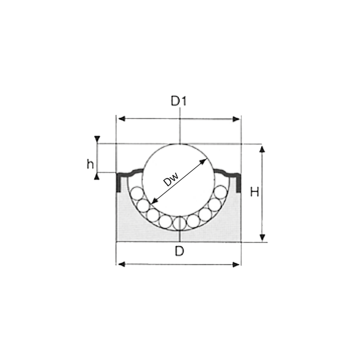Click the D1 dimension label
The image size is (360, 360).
[179, 101]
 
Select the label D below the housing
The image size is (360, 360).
[179, 251]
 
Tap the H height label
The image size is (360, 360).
[254, 193]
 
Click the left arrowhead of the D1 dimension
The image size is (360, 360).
[119, 119]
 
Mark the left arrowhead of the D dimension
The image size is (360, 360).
[119, 264]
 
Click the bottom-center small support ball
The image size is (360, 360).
[179, 222]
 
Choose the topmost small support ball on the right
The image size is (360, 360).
[221, 194]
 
